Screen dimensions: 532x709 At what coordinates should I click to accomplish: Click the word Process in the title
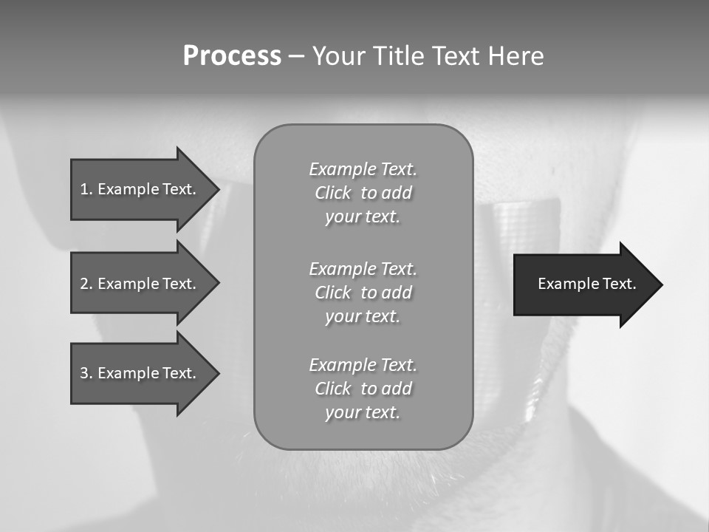pos(232,56)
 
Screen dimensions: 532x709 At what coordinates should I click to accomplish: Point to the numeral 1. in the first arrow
pos(86,189)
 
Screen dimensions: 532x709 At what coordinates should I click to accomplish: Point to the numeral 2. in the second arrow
pos(86,284)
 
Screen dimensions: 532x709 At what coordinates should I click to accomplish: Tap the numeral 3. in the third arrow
pos(86,373)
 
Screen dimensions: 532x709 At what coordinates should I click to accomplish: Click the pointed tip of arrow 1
pos(216,189)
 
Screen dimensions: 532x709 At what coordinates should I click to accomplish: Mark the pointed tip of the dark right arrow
pos(660,284)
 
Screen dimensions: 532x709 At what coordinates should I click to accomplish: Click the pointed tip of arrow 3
pos(216,373)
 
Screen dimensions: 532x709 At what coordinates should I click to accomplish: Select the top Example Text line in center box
pos(363,169)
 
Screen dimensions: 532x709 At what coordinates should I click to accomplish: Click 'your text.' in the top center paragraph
pos(363,216)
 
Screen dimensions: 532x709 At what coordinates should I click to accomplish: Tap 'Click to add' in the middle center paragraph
pos(363,293)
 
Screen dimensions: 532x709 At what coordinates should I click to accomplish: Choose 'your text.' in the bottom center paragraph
pos(363,412)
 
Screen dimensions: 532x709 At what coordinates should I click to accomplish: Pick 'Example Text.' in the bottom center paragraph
pos(363,365)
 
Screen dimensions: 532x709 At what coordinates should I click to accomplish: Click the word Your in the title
pos(340,56)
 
